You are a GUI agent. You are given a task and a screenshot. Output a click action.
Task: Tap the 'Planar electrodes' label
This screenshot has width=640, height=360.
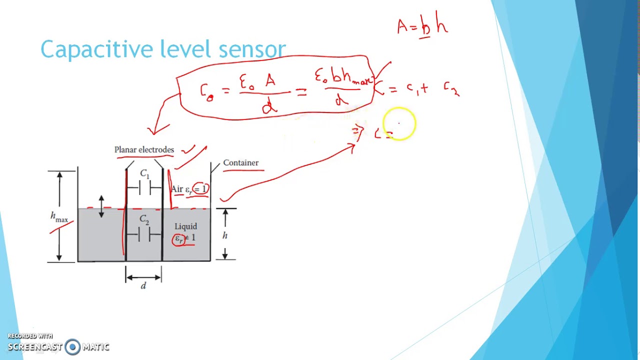tap(144, 150)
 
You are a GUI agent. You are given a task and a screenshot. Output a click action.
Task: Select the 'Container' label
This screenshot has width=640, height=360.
tap(240, 163)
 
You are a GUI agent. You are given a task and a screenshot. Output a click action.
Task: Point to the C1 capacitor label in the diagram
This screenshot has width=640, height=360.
tap(144, 174)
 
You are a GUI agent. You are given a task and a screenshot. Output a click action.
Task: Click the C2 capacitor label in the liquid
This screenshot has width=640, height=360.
tap(144, 219)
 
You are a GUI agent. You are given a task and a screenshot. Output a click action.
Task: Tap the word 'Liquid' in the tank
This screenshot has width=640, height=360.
tap(185, 226)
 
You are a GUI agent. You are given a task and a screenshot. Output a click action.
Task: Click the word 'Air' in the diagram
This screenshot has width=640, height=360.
tap(176, 189)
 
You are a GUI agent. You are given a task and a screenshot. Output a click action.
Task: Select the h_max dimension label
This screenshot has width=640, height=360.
tap(59, 217)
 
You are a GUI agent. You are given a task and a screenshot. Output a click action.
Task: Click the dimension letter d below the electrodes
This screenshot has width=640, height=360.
tap(143, 286)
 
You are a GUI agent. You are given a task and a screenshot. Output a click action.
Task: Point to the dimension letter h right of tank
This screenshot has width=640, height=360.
tap(225, 235)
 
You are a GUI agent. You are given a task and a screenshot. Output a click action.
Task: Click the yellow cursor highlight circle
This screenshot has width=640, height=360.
tap(399, 123)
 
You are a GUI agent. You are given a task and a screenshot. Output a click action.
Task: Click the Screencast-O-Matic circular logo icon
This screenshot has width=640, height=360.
tap(72, 347)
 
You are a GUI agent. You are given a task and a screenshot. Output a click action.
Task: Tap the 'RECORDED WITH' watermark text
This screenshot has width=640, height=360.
tap(30, 336)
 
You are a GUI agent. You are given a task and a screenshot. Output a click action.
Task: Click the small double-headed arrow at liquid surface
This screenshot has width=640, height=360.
tap(101, 206)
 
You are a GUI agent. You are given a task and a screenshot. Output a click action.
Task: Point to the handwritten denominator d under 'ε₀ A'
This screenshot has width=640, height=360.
tap(269, 105)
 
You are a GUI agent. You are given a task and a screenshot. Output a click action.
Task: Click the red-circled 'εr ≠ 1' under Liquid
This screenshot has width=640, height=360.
tap(184, 238)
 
